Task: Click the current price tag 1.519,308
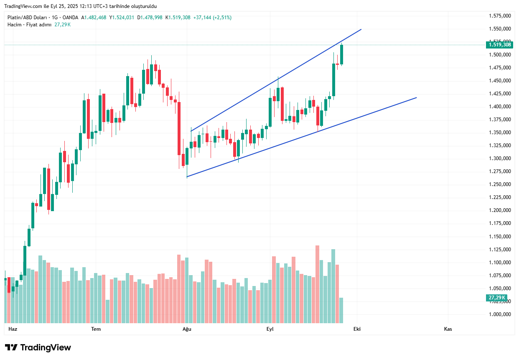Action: point(499,45)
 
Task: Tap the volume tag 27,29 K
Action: point(497,298)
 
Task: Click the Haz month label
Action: point(13,329)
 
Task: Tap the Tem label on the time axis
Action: point(96,329)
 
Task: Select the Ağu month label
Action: point(187,329)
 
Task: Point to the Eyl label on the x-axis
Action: point(270,329)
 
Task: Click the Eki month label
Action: point(357,329)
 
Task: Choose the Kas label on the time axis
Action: point(448,329)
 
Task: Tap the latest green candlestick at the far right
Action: point(342,54)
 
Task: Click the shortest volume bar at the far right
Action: point(341,310)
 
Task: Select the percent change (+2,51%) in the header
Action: point(222,18)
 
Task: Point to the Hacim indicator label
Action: point(15,25)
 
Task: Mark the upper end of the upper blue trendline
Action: point(361,29)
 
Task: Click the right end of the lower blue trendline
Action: point(417,97)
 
